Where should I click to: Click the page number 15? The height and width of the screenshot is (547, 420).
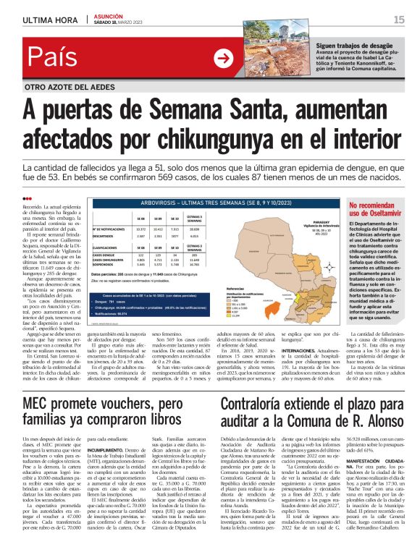(x=399, y=20)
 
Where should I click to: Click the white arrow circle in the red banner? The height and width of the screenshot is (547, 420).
(x=224, y=59)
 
